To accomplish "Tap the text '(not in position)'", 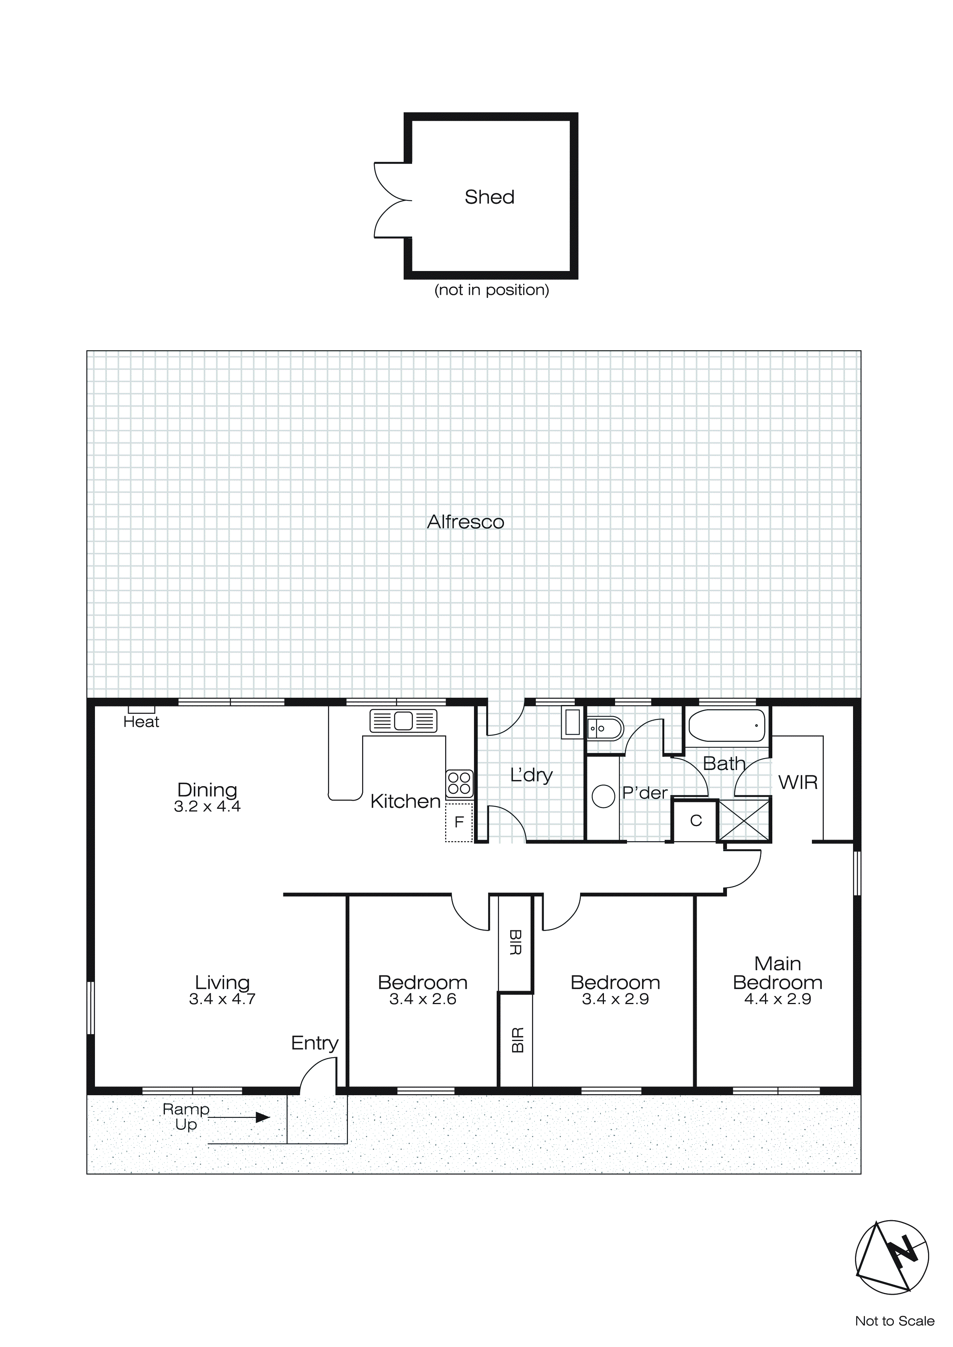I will click(492, 290).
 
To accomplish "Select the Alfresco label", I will click(465, 522).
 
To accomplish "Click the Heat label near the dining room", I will click(141, 722).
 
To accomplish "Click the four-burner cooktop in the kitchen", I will click(459, 783).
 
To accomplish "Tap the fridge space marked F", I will click(459, 822).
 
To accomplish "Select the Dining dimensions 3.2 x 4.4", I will click(207, 807).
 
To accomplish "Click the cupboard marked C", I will click(695, 821).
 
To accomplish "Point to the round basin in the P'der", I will click(603, 796).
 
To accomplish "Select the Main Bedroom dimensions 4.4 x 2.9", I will click(778, 999).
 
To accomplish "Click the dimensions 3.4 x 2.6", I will click(422, 999).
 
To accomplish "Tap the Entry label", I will click(314, 1043).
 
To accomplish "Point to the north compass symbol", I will click(891, 1257).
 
